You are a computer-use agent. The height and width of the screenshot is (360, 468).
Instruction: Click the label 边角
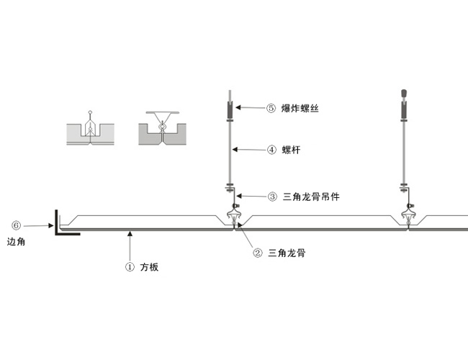point(17,242)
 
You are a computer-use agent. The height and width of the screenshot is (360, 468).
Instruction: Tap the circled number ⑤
point(271,109)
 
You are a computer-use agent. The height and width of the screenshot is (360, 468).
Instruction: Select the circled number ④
point(271,150)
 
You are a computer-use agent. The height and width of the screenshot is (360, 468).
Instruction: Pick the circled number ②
point(257,253)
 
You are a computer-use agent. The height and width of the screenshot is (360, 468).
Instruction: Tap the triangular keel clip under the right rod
point(408,214)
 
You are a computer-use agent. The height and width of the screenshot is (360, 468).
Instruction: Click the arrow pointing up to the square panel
point(130,245)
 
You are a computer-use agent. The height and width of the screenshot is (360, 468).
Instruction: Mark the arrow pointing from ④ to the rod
point(248,150)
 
